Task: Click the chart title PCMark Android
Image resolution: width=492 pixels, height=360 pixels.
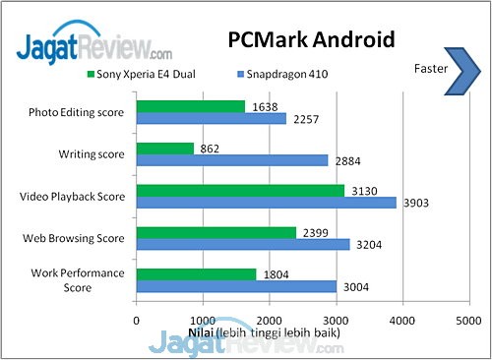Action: tap(311, 40)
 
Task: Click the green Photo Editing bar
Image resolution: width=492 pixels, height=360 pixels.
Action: tap(190, 106)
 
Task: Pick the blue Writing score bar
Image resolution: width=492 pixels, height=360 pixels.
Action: tap(231, 160)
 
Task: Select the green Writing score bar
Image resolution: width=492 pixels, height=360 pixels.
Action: tap(164, 148)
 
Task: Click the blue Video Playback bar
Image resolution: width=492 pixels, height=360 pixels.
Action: tap(266, 203)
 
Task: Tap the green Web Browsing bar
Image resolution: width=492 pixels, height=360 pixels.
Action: tap(215, 232)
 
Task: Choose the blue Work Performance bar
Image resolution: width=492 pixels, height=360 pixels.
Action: tap(236, 286)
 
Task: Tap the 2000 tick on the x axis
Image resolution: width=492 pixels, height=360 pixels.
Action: tap(269, 319)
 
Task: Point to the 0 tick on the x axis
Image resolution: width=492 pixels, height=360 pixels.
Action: tap(136, 319)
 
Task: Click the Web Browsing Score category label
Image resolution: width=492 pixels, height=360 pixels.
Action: tap(74, 238)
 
